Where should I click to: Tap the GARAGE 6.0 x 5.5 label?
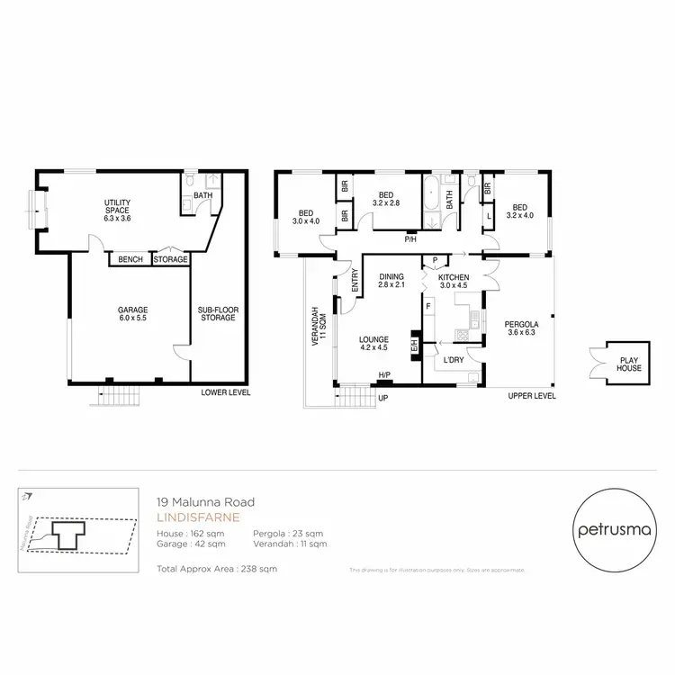(132, 313)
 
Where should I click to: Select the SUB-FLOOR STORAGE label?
(218, 313)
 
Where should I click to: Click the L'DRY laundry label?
(453, 360)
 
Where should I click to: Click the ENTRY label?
(355, 282)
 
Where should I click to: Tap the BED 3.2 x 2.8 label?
(386, 199)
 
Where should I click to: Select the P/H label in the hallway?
(410, 239)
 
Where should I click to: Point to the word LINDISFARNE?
(190, 518)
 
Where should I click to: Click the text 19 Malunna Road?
(206, 502)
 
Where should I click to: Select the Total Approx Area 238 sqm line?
(217, 569)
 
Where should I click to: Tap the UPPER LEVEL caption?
(531, 395)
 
